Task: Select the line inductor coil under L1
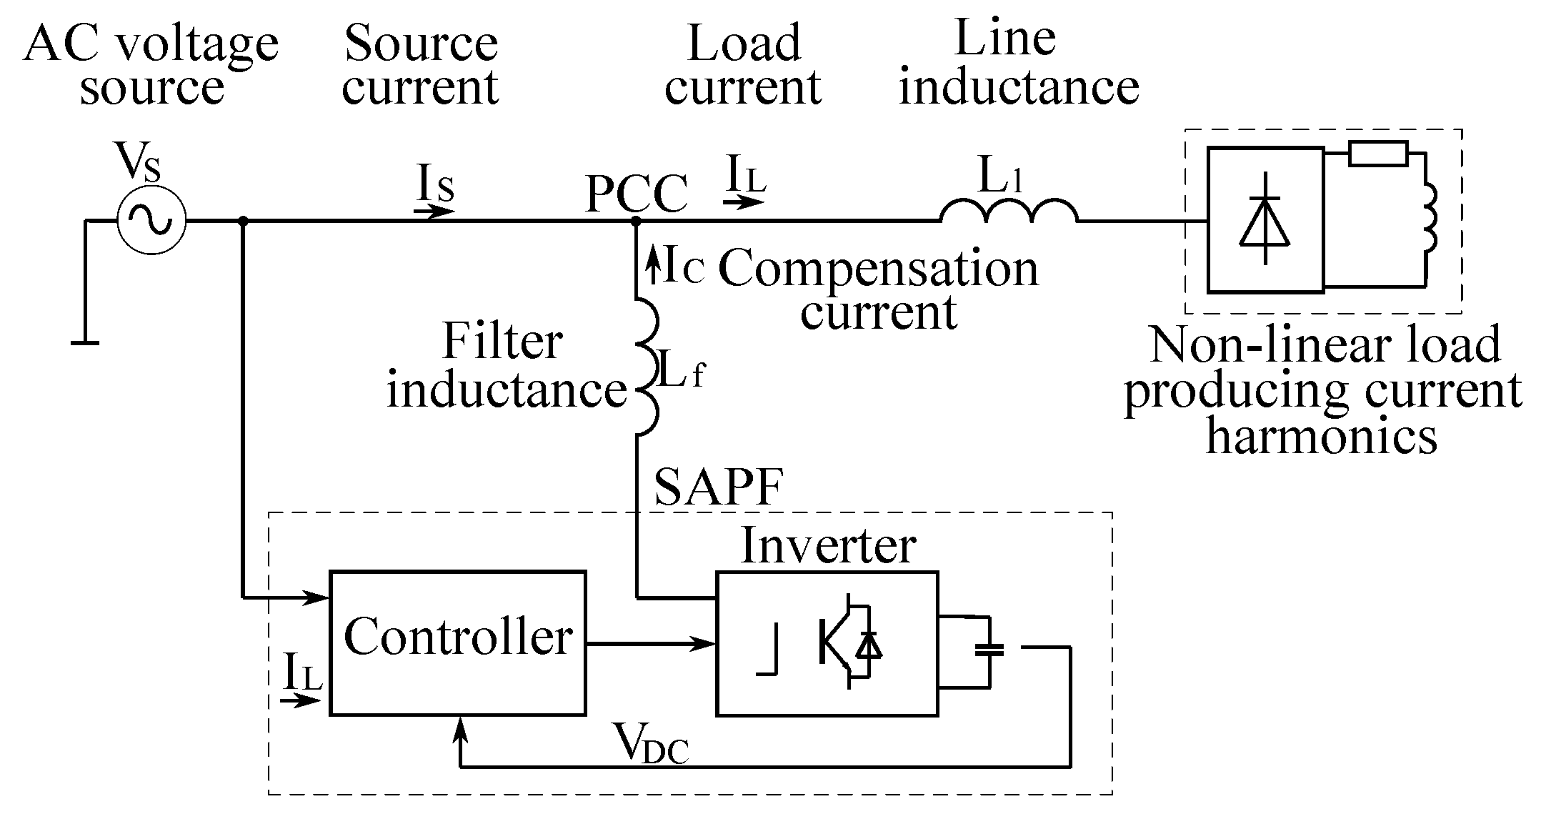pyautogui.click(x=1008, y=211)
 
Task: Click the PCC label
pyautogui.click(x=636, y=194)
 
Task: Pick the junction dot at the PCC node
pyautogui.click(x=635, y=222)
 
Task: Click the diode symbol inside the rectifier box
pyautogui.click(x=1265, y=219)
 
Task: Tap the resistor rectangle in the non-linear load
pyautogui.click(x=1378, y=154)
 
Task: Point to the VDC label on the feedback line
pyautogui.click(x=651, y=744)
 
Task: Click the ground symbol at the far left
pyautogui.click(x=85, y=344)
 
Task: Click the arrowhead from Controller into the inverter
pyautogui.click(x=707, y=644)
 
